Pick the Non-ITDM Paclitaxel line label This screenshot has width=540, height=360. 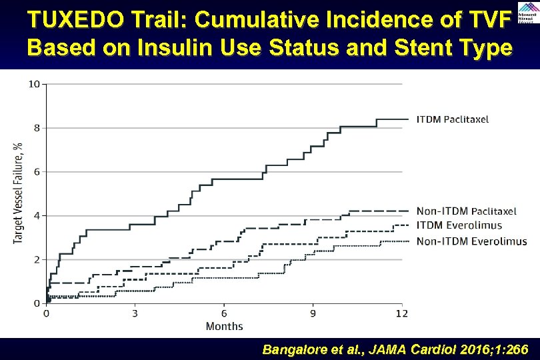pyautogui.click(x=466, y=211)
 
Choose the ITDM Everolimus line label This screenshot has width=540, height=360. pyautogui.click(x=459, y=225)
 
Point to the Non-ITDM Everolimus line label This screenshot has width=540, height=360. pyautogui.click(x=471, y=241)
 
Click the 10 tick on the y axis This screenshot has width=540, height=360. pyautogui.click(x=34, y=84)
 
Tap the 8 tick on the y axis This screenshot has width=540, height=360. pyautogui.click(x=37, y=128)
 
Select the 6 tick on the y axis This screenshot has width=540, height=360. pyautogui.click(x=37, y=172)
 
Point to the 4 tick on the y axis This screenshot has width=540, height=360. pyautogui.click(x=37, y=215)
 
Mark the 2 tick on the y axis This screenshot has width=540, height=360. pyautogui.click(x=37, y=259)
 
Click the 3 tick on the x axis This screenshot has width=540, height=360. pyautogui.click(x=135, y=313)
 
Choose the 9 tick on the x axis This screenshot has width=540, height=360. pyautogui.click(x=313, y=313)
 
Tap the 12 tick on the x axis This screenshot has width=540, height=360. pyautogui.click(x=401, y=313)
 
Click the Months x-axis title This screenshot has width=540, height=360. pyautogui.click(x=224, y=326)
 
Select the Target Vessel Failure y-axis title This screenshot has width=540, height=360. pyautogui.click(x=18, y=193)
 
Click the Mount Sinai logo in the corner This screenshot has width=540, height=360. pyautogui.click(x=525, y=14)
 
